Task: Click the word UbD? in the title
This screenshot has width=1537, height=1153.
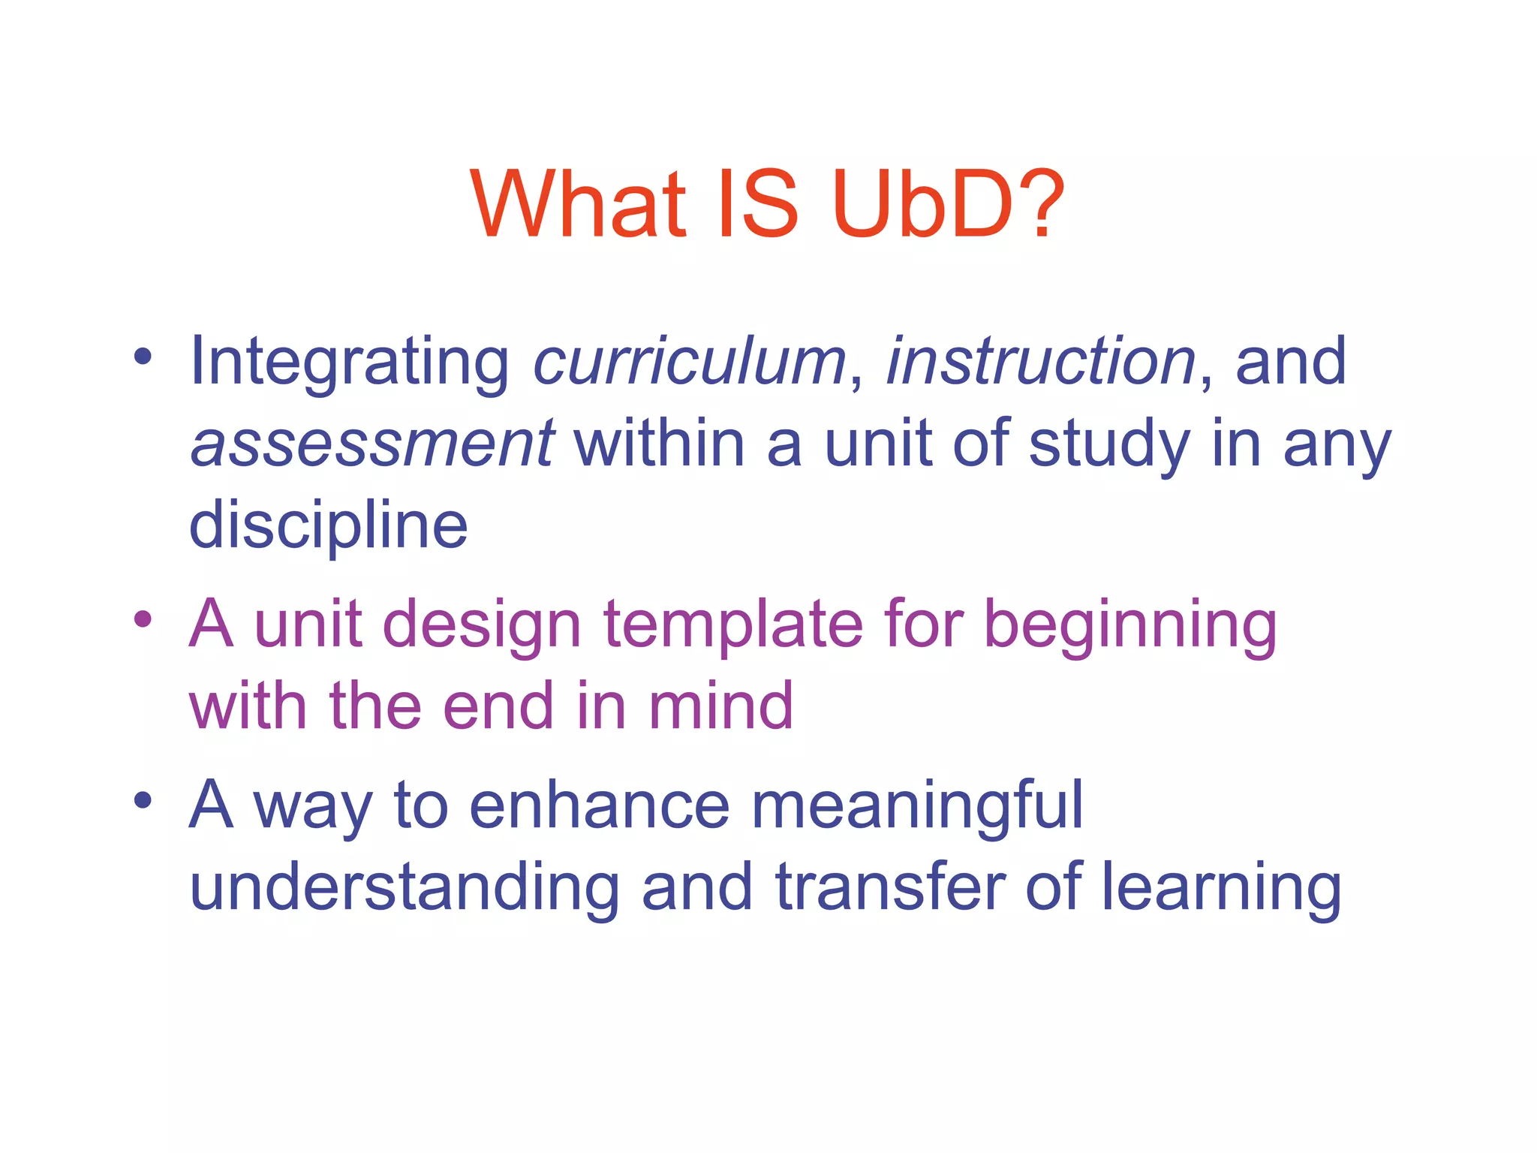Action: pyautogui.click(x=948, y=204)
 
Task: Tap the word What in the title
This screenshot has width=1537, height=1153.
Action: pyautogui.click(x=579, y=204)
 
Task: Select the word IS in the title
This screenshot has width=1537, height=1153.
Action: pyautogui.click(x=758, y=204)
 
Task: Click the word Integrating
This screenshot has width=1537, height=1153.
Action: pyautogui.click(x=350, y=363)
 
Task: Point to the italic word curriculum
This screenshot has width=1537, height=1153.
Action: pyautogui.click(x=690, y=362)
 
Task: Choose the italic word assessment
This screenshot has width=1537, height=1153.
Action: pyautogui.click(x=372, y=444)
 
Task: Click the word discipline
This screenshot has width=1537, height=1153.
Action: pyautogui.click(x=329, y=525)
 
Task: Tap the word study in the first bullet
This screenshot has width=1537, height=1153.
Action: pyautogui.click(x=1109, y=444)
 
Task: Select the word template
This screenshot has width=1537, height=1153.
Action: pyautogui.click(x=734, y=625)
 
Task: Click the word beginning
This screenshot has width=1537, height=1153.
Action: pyautogui.click(x=1130, y=626)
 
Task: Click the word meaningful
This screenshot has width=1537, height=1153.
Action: pyautogui.click(x=917, y=806)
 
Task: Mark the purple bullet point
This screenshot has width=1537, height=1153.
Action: pyautogui.click(x=143, y=620)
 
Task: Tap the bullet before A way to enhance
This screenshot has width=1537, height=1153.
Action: pyautogui.click(x=143, y=800)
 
